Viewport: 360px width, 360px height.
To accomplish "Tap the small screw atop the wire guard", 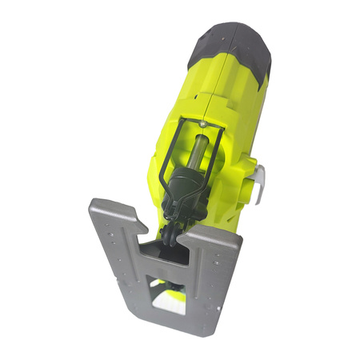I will click(206, 126).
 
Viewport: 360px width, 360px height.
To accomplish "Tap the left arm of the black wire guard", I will click(170, 160).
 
